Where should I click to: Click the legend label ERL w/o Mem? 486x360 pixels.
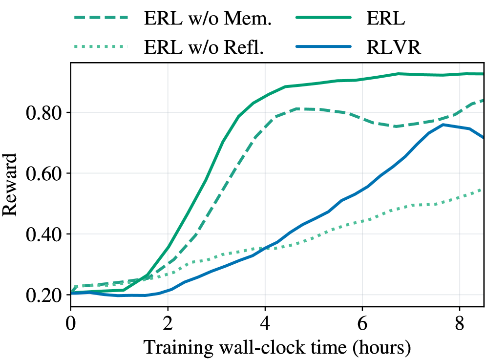(x=208, y=19)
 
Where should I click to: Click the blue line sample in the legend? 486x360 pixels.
(x=323, y=47)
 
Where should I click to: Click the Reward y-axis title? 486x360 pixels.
(x=10, y=185)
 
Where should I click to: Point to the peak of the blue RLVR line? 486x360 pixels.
(x=444, y=125)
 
